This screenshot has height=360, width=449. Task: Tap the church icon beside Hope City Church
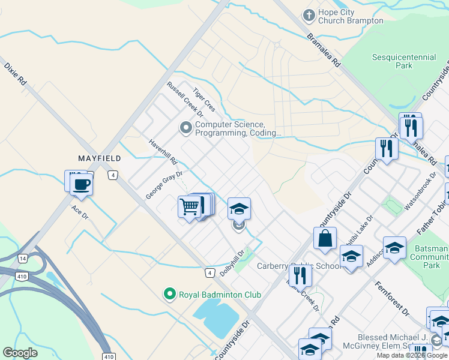(x=309, y=15)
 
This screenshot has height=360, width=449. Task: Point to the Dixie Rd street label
(x=15, y=73)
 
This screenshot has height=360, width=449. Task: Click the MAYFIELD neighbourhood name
(x=100, y=158)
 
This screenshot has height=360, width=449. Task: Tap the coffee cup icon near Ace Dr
(x=82, y=184)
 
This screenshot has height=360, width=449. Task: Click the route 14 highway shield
(x=23, y=257)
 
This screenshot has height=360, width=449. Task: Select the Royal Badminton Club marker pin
(x=170, y=294)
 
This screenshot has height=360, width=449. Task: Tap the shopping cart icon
(x=189, y=207)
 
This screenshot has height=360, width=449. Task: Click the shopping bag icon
(x=325, y=238)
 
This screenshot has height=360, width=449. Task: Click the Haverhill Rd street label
(x=163, y=153)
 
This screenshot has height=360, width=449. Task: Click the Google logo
(x=20, y=353)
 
